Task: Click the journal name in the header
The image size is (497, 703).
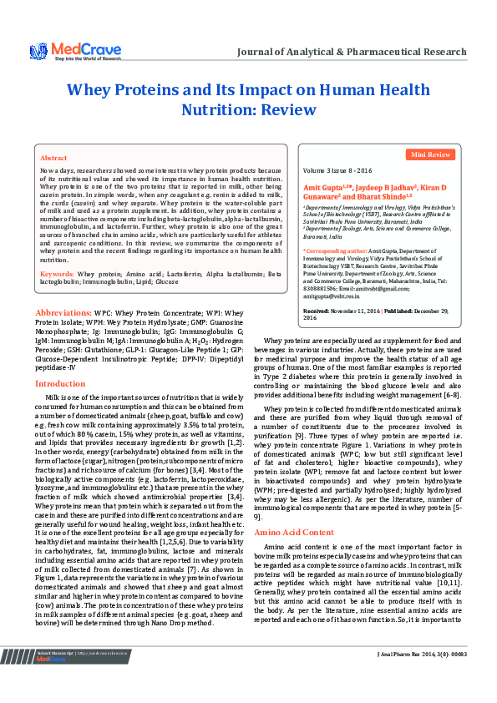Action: (352, 52)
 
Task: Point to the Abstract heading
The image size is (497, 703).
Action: (54, 157)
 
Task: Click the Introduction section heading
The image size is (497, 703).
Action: (59, 383)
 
